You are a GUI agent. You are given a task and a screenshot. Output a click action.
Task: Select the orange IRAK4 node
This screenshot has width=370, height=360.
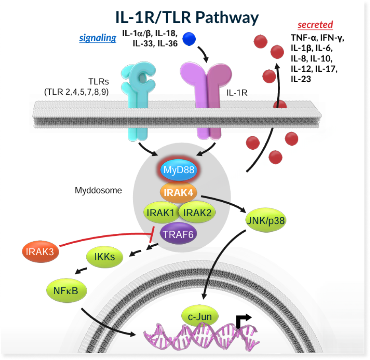(x=179, y=193)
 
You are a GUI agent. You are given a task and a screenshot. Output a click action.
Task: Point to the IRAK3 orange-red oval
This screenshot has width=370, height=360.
(x=39, y=251)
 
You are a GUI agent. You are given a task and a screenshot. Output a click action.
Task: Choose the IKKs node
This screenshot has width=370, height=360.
(x=105, y=257)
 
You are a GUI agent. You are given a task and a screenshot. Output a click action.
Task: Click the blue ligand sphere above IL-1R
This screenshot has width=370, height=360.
(x=189, y=39)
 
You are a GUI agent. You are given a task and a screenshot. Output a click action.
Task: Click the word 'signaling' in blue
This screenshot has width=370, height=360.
(x=97, y=38)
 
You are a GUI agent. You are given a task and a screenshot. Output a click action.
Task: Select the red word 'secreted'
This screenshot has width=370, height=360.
(x=315, y=25)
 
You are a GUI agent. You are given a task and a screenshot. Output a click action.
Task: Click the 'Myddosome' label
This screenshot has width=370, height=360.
(x=98, y=190)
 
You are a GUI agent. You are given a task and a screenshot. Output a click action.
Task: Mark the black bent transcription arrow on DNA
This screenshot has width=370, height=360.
(x=242, y=319)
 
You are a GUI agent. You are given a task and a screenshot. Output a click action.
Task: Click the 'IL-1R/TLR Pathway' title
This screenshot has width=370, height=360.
(x=187, y=17)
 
